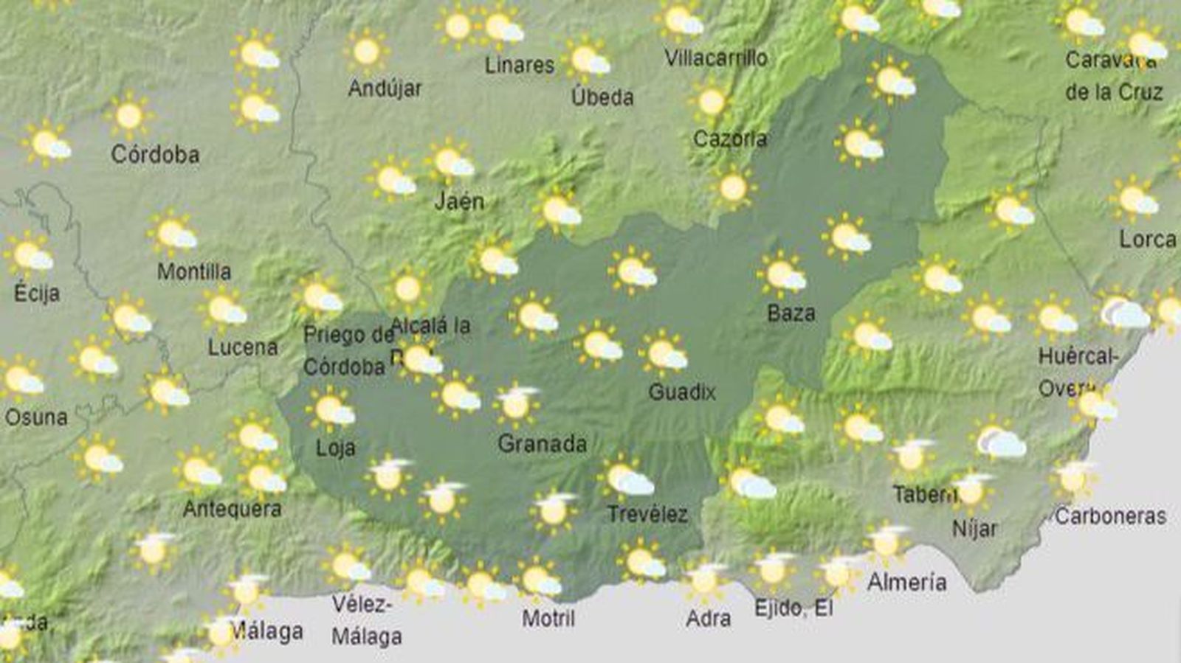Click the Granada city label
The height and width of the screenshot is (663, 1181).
point(543,444)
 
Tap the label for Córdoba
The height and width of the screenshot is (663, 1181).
point(155,155)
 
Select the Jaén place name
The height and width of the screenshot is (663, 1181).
point(459,201)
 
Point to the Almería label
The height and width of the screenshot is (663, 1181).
point(906,583)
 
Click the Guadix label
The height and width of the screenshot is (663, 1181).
point(682,392)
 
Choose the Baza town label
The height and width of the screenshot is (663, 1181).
point(791,313)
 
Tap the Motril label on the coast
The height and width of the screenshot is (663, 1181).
point(548,618)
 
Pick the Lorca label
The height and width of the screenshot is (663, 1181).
point(1147,240)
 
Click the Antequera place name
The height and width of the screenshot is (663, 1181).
point(232,509)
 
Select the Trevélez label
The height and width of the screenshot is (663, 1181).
point(647,514)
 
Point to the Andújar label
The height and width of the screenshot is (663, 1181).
point(385,89)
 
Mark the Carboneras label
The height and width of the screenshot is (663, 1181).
point(1110,516)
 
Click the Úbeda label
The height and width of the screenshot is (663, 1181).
point(602,97)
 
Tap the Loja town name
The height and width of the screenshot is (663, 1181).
point(335,448)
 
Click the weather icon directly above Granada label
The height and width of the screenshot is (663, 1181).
point(516,404)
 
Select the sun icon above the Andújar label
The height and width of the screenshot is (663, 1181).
point(366,52)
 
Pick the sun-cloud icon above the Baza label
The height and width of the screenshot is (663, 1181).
point(783,275)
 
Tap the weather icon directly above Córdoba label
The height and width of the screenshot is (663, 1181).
point(129,116)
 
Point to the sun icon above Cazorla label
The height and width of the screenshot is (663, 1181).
point(712,102)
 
